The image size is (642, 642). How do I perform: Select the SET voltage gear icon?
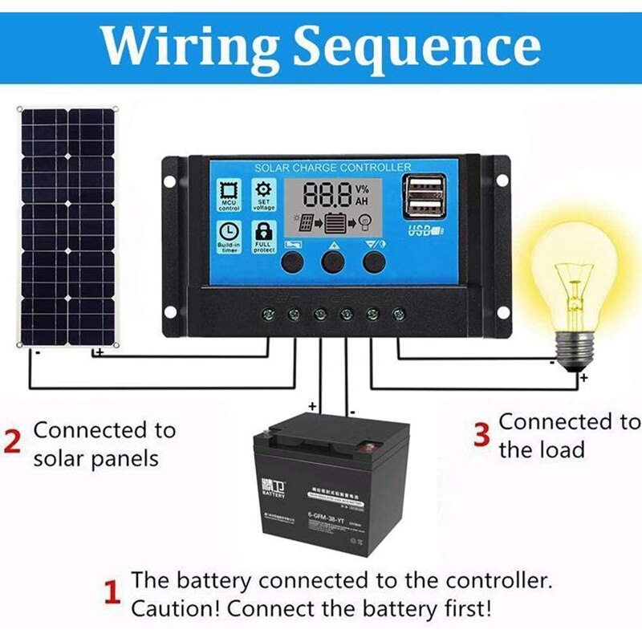(263, 193)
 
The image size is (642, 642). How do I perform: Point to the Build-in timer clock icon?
(230, 234)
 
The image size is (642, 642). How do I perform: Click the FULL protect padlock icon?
(263, 234)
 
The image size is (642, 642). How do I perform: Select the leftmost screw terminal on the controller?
(267, 312)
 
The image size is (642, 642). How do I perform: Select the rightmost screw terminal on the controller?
(397, 312)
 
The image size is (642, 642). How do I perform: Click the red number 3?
(481, 435)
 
